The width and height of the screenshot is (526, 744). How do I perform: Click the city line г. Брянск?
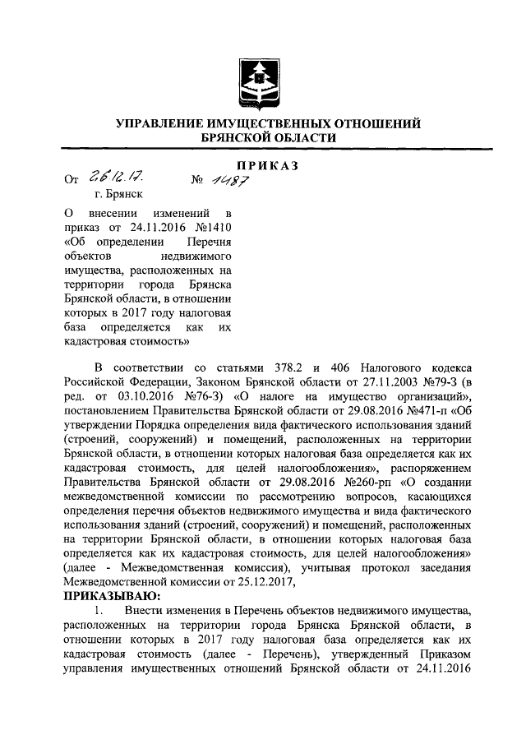(x=118, y=195)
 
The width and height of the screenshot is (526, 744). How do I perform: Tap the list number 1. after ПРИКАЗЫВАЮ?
(x=99, y=610)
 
